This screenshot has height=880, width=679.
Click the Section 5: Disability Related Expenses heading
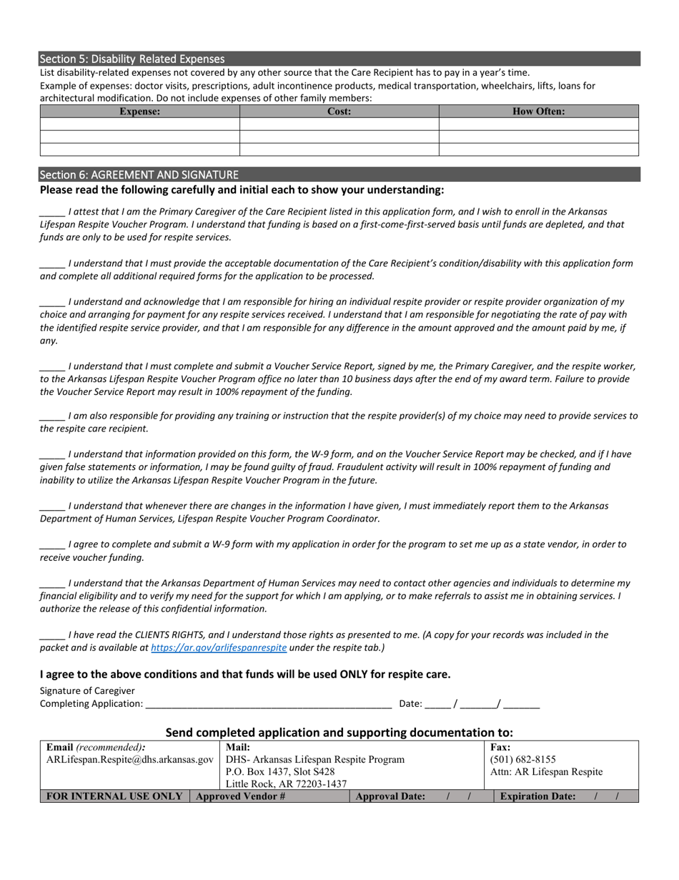[132, 59]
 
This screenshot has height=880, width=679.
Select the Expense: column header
[139, 112]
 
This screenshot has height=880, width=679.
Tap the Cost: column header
[339, 112]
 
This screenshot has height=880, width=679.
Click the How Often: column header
[538, 112]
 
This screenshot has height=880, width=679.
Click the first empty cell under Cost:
[339, 124]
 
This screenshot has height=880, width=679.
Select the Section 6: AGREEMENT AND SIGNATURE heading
[139, 175]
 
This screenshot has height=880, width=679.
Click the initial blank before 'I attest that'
[52, 212]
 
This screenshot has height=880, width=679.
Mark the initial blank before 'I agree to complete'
[52, 545]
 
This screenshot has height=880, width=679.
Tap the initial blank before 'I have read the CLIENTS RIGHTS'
[52, 635]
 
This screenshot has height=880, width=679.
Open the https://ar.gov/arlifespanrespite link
[219, 647]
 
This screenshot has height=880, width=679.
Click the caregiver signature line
[267, 704]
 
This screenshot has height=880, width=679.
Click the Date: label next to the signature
[410, 704]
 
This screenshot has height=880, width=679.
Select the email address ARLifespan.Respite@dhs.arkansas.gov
[129, 759]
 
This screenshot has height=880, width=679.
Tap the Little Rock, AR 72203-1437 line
[286, 784]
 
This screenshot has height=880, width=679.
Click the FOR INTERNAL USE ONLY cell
[114, 796]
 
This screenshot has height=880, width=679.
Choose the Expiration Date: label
[537, 796]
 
